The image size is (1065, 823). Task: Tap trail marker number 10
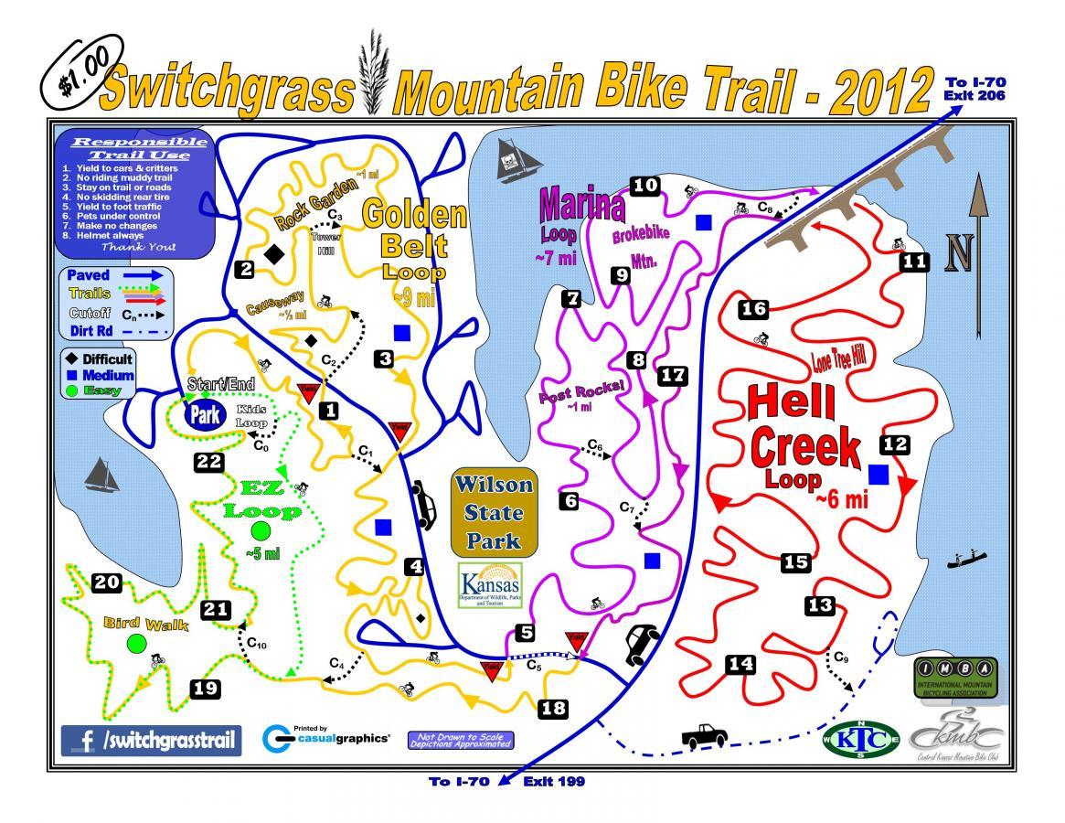click(645, 186)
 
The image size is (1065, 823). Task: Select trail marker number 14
click(740, 665)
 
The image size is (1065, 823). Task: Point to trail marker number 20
click(107, 582)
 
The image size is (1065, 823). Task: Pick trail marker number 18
click(553, 707)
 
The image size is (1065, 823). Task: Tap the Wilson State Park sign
click(493, 512)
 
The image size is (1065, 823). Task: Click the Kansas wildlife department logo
click(492, 586)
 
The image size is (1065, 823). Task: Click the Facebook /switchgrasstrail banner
click(152, 739)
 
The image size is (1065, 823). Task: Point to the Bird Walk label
click(145, 625)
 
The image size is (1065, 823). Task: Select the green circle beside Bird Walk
click(136, 643)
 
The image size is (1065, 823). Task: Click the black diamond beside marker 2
click(272, 255)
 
